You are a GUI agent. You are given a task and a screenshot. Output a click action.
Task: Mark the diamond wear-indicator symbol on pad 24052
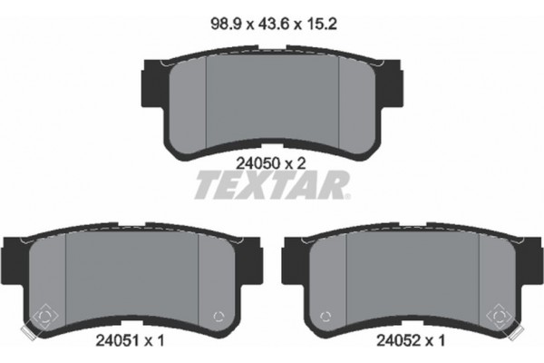click(500, 317)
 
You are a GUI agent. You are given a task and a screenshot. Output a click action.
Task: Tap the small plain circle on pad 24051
click(216, 316)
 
